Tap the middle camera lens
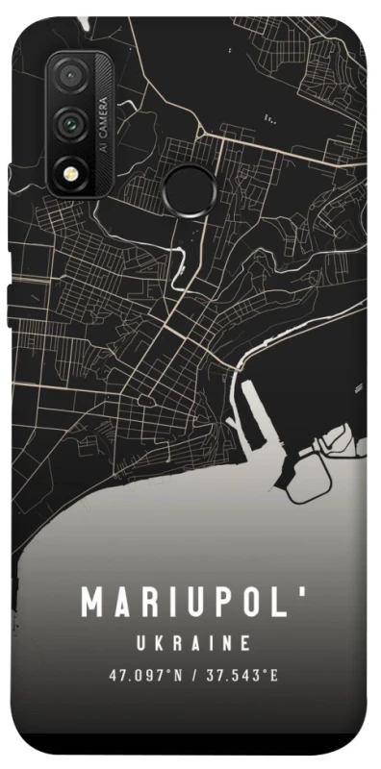point(69,122)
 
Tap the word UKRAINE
point(193,642)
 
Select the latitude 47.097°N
point(144,676)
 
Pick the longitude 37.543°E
point(239,676)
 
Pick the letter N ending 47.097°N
point(178,676)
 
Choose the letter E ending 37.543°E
point(274,676)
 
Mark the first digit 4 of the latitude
point(113,676)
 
